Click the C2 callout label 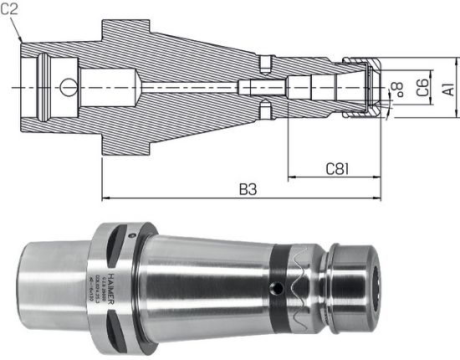pyautogui.click(x=11, y=9)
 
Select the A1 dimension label pyautogui.click(x=447, y=88)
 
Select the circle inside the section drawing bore pyautogui.click(x=66, y=86)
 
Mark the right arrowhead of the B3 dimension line pyautogui.click(x=381, y=198)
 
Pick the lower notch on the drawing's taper pyautogui.click(x=266, y=111)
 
